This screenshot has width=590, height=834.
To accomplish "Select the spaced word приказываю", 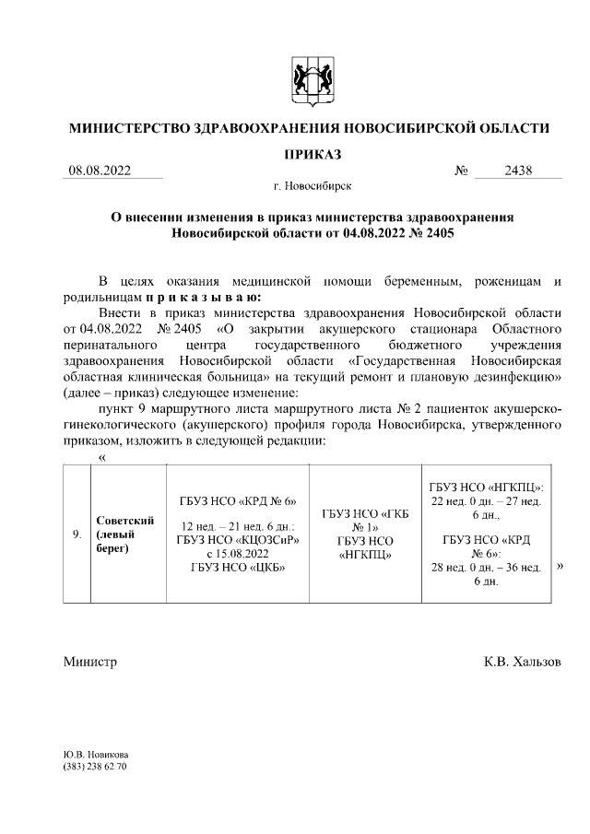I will pyautogui.click(x=203, y=298).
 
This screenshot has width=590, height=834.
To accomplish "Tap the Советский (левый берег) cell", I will pyautogui.click(x=124, y=534).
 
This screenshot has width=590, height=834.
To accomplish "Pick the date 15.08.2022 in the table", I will pyautogui.click(x=237, y=553).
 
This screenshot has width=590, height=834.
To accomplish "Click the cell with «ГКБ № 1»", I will pyautogui.click(x=366, y=519).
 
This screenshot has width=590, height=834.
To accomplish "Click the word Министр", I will pyautogui.click(x=90, y=663).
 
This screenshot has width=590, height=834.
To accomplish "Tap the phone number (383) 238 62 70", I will pyautogui.click(x=95, y=767).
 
